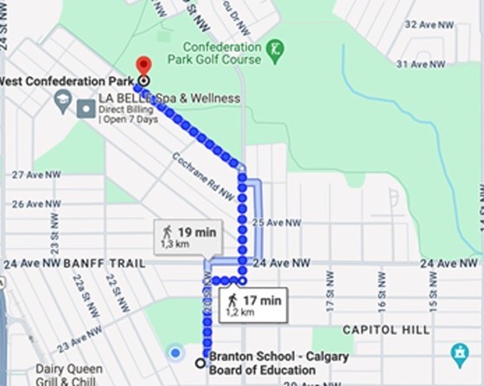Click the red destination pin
pyautogui.click(x=144, y=66)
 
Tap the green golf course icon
pyautogui.click(x=275, y=49)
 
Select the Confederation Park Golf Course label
pyautogui.click(x=221, y=53)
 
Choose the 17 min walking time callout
pyautogui.click(x=252, y=305)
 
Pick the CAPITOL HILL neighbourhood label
pyautogui.click(x=385, y=330)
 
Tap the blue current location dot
pyautogui.click(x=175, y=353)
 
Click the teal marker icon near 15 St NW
pyautogui.click(x=460, y=355)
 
